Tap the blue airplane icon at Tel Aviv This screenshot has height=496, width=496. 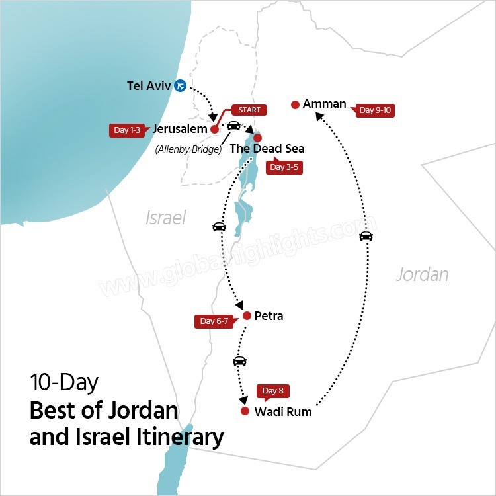click(x=180, y=85)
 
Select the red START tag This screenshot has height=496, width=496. click(x=249, y=110)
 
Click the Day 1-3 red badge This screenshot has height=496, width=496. click(x=126, y=130)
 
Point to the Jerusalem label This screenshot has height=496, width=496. click(x=180, y=129)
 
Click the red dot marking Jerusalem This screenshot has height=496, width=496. click(x=214, y=130)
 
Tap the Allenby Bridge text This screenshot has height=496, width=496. click(x=187, y=149)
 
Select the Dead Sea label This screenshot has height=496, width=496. click(x=267, y=149)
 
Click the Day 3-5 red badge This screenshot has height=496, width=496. click(x=285, y=167)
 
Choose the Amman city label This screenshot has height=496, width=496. click(x=324, y=104)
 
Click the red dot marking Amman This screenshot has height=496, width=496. click(x=295, y=104)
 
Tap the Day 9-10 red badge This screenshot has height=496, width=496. click(x=375, y=110)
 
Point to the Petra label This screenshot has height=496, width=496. click(x=269, y=316)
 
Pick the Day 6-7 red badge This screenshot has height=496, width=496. click(x=215, y=322)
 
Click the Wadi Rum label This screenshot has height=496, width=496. click(x=282, y=412)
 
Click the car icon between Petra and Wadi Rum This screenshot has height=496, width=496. click(x=239, y=361)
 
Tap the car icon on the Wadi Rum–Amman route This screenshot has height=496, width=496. click(x=366, y=236)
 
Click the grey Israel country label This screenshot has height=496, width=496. click(x=165, y=218)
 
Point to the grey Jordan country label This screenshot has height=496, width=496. click(x=422, y=274)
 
